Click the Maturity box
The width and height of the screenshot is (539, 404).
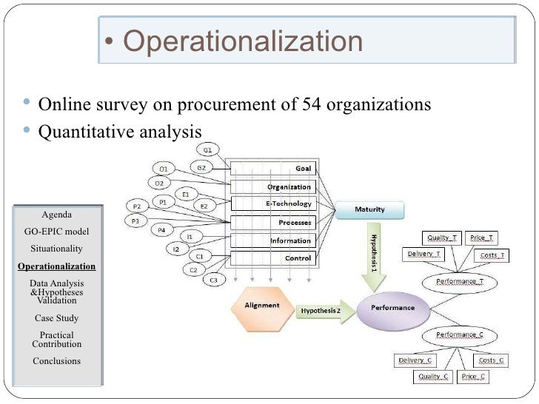370,209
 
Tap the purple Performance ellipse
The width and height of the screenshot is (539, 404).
392,306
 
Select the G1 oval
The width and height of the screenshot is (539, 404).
207,150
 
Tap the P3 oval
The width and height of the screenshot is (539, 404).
136,220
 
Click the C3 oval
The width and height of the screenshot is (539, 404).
213,280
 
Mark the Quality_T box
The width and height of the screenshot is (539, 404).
441,238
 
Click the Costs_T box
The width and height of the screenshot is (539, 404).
492,256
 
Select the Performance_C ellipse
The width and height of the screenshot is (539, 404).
460,335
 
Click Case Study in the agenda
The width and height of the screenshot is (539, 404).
56,318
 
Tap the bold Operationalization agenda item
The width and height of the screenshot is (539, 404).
56,266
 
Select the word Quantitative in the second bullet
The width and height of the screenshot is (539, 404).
82,131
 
